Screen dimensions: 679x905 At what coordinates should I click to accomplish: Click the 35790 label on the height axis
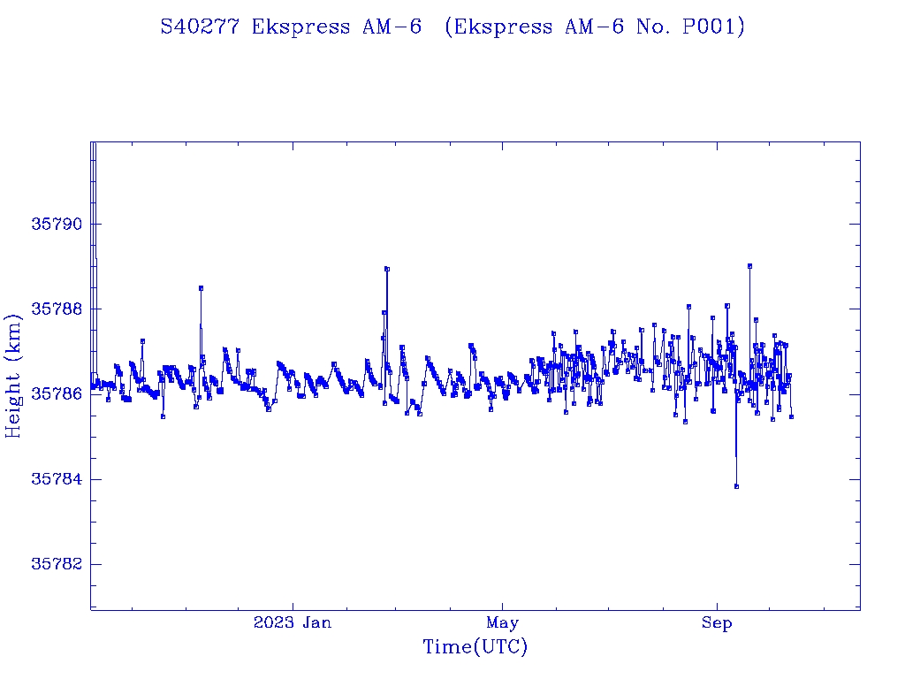coord(57,225)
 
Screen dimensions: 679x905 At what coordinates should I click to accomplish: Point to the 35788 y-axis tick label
coord(57,309)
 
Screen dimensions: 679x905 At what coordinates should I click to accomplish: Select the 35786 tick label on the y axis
coord(57,394)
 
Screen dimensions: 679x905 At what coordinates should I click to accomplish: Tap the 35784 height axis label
coord(57,479)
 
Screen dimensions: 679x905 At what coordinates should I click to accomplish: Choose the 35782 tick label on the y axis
coord(57,564)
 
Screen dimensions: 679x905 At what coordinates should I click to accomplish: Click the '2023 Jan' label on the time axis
coord(293,623)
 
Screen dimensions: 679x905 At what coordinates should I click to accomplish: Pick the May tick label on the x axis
coord(502,623)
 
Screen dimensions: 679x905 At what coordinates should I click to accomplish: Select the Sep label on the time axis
coord(717,623)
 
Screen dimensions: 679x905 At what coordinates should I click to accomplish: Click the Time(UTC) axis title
coord(475,648)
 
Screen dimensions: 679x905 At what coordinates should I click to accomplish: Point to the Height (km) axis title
coord(14,375)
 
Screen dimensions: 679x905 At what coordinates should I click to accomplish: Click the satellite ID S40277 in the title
coord(201,27)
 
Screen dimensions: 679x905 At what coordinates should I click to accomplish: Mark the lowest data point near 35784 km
coord(736,486)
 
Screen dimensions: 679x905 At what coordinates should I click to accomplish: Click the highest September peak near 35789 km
coord(749,265)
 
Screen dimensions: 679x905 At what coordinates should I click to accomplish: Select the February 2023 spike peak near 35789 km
coord(386,269)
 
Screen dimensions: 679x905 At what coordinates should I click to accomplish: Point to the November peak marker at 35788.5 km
coord(201,288)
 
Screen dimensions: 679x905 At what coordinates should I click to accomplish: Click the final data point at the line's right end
coord(791,416)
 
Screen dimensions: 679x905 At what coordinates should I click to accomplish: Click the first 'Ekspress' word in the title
coord(301,27)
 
